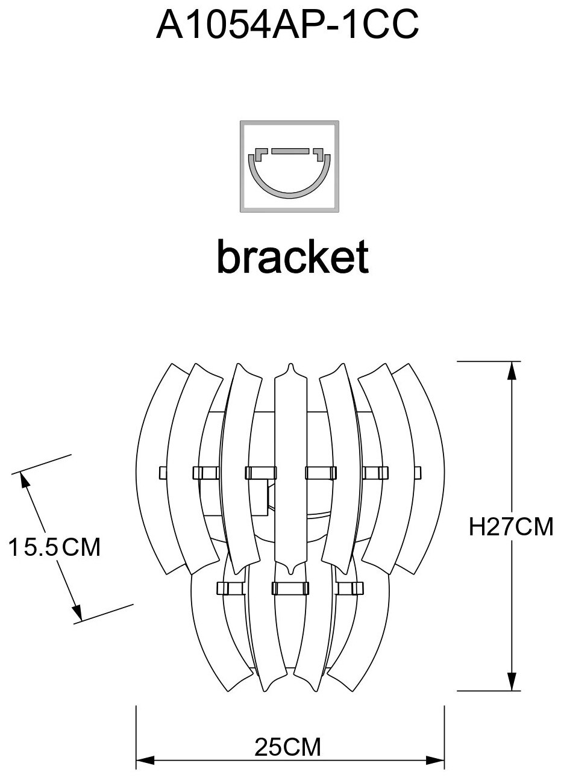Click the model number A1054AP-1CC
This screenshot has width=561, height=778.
click(x=287, y=25)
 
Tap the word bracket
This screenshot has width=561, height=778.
click(x=292, y=257)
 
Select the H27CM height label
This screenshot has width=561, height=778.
click(x=511, y=527)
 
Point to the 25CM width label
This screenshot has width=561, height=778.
click(x=287, y=748)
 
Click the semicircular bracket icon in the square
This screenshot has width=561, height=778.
click(x=290, y=175)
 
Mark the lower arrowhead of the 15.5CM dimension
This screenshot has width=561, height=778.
click(x=76, y=612)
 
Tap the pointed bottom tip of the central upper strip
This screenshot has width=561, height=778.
click(x=290, y=570)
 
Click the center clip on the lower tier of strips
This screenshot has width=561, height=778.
click(x=290, y=588)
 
